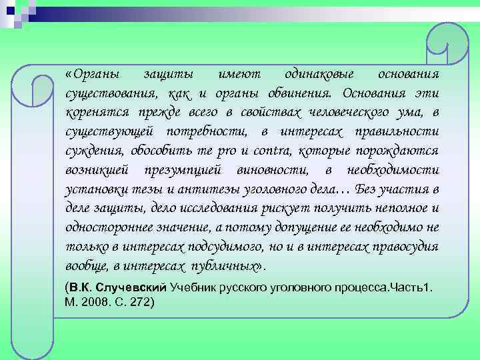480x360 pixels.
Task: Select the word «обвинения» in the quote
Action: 302,92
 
